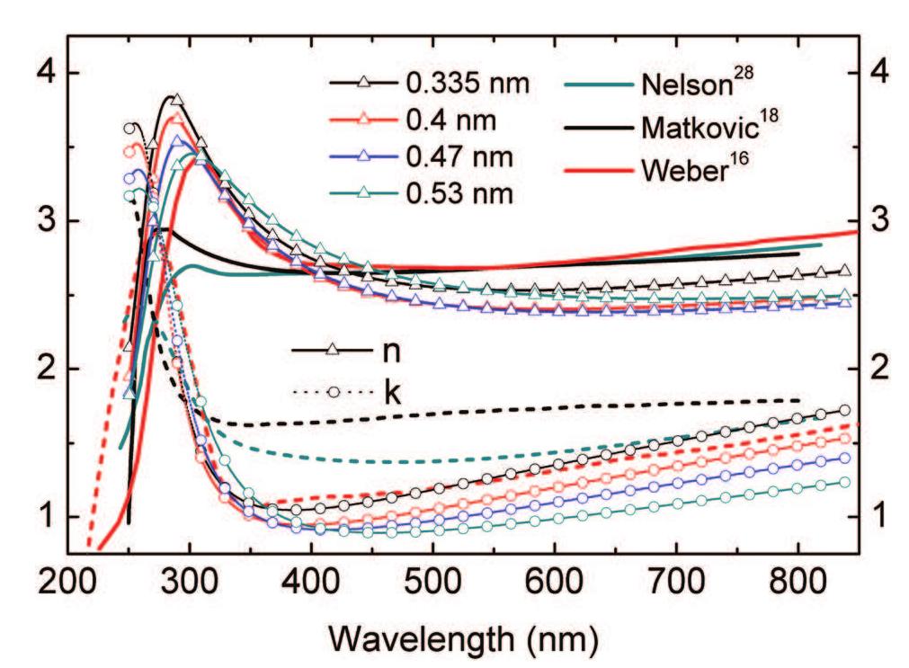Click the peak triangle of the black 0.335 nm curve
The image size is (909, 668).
[x=176, y=100]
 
